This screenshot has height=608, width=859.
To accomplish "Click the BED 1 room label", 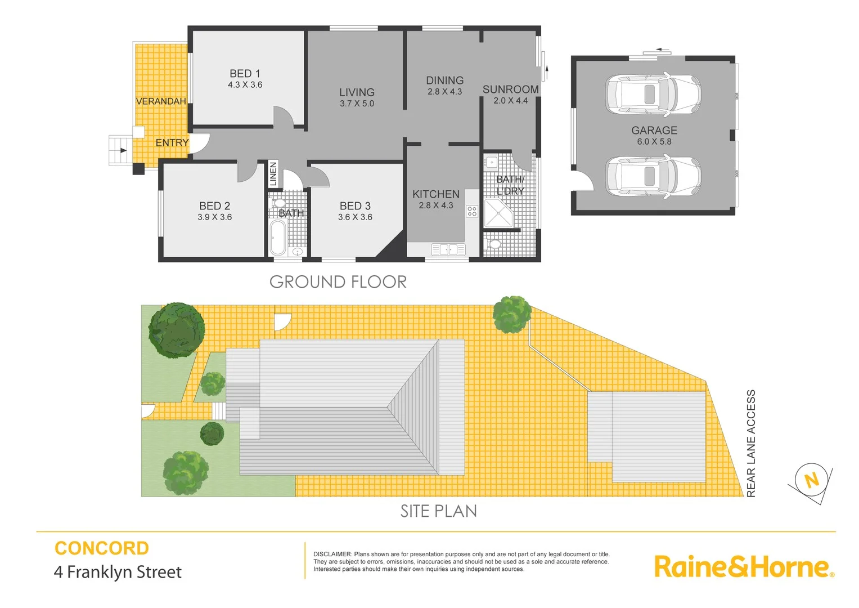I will click(x=245, y=74).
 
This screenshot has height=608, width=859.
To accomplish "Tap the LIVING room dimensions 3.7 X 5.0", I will click(x=357, y=104).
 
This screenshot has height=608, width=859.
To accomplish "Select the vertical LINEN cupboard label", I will click(x=273, y=174).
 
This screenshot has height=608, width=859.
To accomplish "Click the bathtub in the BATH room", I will click(x=278, y=238).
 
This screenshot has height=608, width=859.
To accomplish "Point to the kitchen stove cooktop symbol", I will click(x=472, y=211).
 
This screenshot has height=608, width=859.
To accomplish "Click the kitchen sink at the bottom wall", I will click(x=448, y=249).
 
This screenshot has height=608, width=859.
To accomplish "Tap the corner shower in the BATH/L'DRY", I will click(x=500, y=214).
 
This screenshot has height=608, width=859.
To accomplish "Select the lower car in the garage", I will click(x=653, y=176).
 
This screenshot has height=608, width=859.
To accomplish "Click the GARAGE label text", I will click(x=654, y=130).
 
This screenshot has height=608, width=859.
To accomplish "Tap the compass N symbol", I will click(x=811, y=481).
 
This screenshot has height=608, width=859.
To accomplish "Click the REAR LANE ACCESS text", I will click(x=751, y=443).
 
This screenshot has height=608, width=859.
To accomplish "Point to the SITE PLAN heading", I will click(x=439, y=511).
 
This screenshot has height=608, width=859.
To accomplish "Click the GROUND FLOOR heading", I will click(x=338, y=281).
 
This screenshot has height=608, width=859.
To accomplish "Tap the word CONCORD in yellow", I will click(x=102, y=548).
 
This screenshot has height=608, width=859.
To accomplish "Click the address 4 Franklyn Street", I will click(x=118, y=572).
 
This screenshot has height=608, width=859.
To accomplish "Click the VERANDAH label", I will click(x=161, y=101).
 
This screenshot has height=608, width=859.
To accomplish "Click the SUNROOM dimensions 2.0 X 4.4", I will click(x=510, y=101).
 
